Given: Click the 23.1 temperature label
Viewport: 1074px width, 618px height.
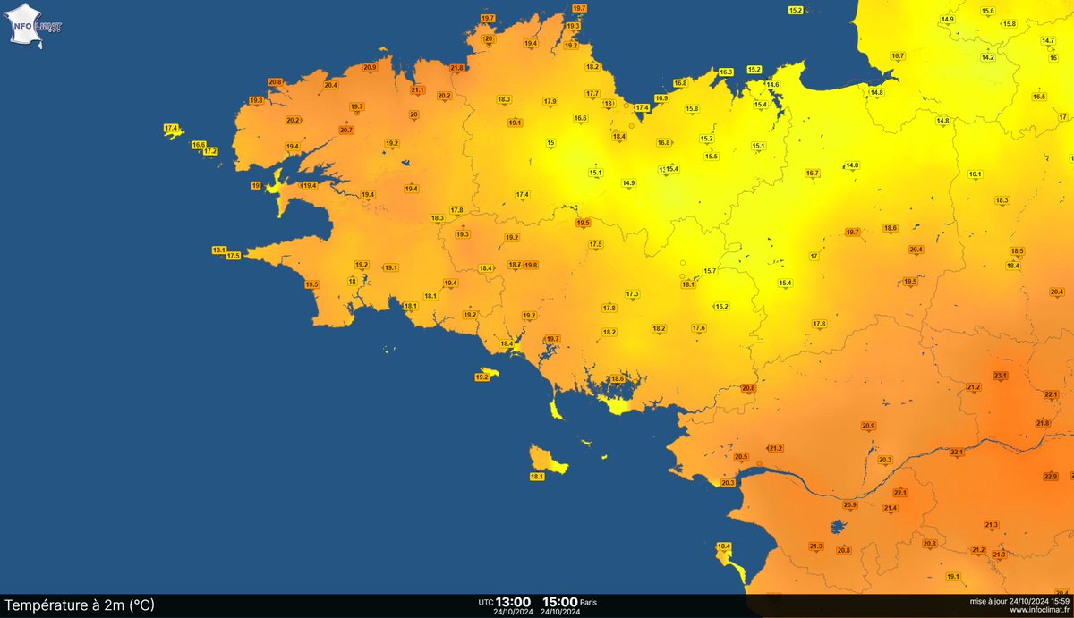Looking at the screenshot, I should click(1000, 376).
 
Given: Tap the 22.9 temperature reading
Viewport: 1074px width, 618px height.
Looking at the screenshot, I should click(1051, 476).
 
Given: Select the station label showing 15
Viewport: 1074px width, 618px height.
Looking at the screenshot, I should click(550, 143).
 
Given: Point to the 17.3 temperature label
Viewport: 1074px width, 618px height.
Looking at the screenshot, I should click(632, 293).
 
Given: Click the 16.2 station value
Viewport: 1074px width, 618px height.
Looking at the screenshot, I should click(721, 307).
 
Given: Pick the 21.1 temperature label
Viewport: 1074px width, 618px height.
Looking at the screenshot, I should click(417, 90).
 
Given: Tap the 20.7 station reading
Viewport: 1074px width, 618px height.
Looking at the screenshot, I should click(346, 130).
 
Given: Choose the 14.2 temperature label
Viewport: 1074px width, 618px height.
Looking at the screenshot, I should click(988, 57).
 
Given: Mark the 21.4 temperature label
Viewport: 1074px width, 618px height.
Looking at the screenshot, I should click(891, 508).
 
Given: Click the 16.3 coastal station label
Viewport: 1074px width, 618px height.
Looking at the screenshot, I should click(726, 72).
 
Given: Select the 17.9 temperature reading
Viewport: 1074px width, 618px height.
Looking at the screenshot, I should click(550, 101).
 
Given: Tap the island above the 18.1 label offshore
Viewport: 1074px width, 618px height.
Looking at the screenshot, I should click(542, 459).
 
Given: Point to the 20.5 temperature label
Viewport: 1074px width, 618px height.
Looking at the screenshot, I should click(741, 456).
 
